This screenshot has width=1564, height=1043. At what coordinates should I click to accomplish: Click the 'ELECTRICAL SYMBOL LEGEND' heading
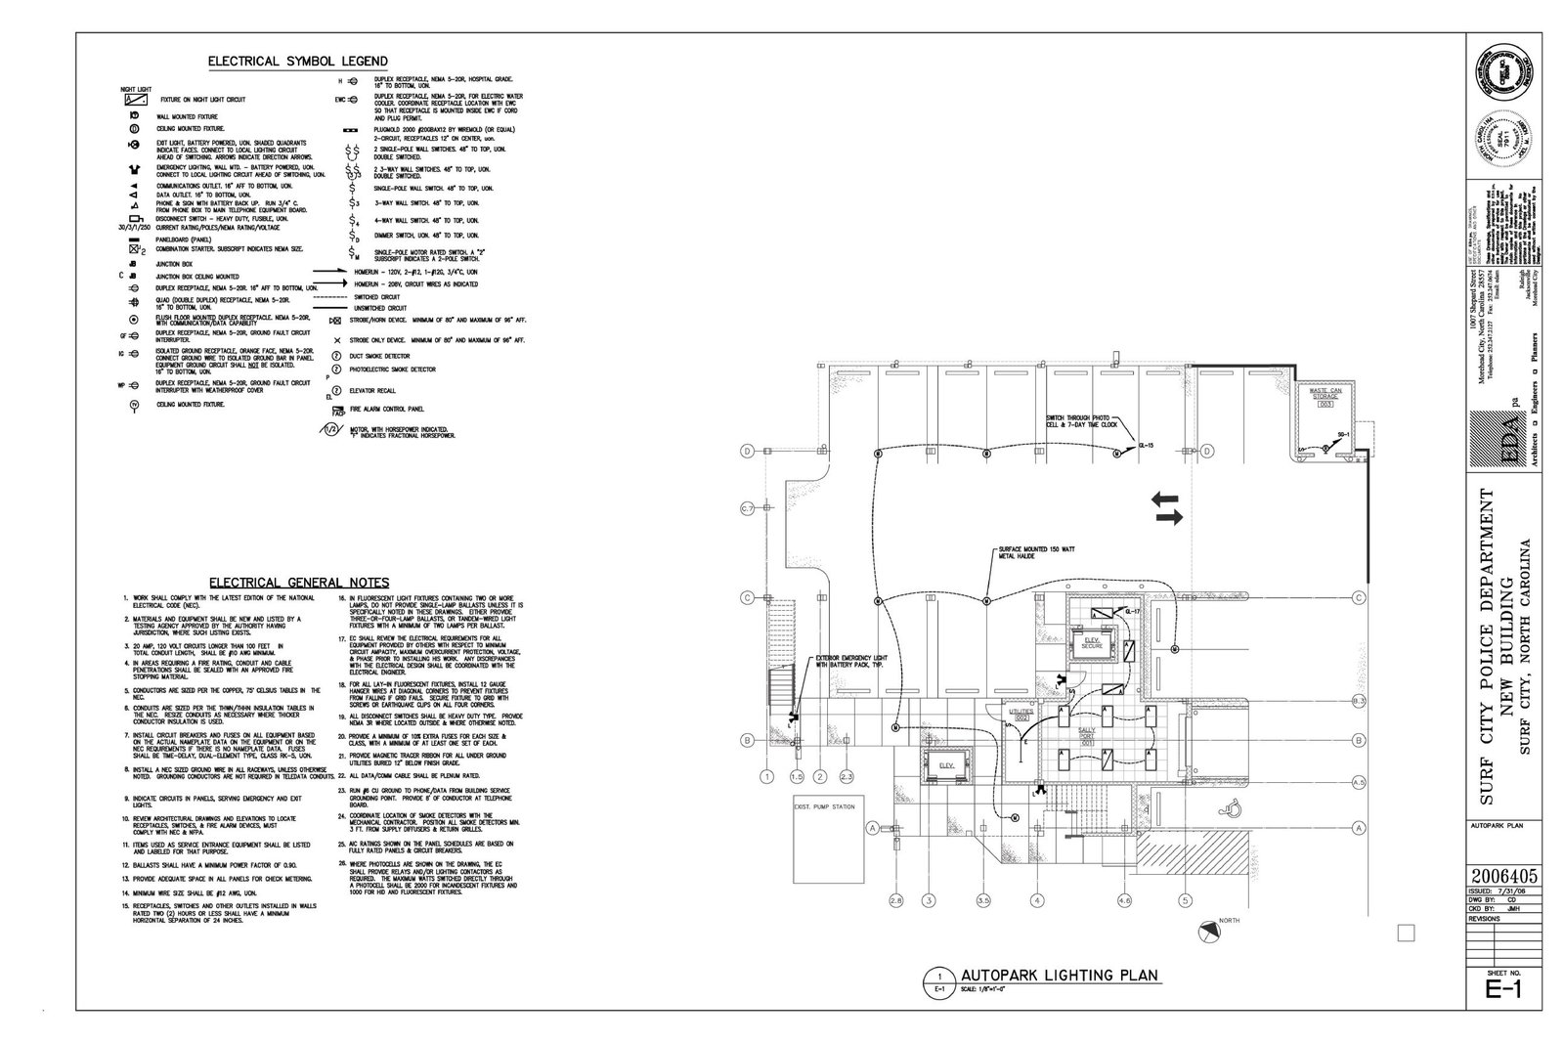297,62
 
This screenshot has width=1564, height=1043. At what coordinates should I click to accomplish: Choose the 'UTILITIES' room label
1022,716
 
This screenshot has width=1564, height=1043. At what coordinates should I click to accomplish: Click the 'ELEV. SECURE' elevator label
1093,643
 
